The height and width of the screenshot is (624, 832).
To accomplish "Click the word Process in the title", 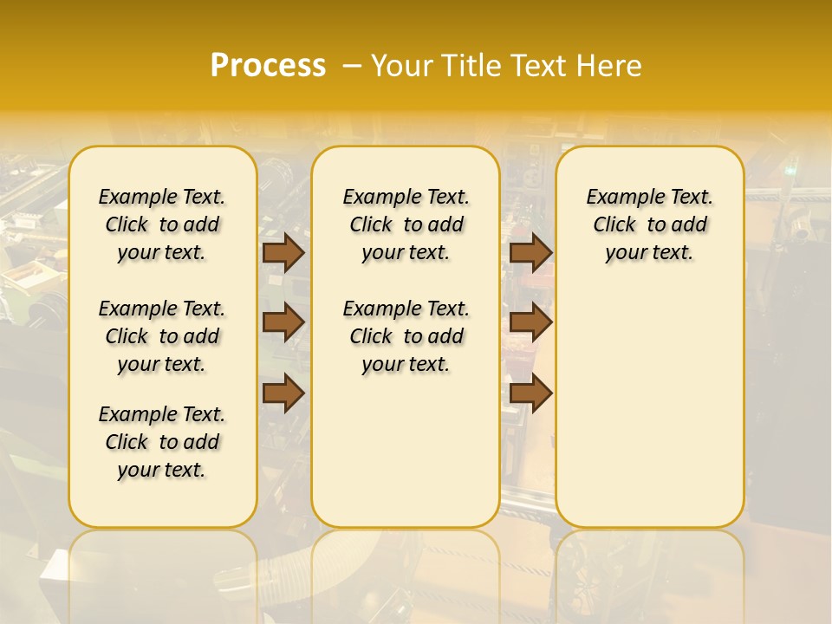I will (x=268, y=66).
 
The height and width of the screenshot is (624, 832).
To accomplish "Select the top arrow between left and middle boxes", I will (x=283, y=253).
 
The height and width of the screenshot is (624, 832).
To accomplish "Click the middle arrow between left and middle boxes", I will (x=283, y=323).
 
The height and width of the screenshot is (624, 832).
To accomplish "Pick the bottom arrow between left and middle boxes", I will (x=283, y=393).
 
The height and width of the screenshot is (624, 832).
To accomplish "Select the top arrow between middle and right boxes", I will (x=531, y=253).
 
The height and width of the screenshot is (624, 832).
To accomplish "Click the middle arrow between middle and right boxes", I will (x=531, y=323).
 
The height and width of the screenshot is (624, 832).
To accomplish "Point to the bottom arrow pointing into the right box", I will (x=531, y=393).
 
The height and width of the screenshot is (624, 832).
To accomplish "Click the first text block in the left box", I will (x=162, y=224).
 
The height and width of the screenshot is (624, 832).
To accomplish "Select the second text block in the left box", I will (x=162, y=336).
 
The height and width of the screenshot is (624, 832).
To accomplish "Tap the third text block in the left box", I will (x=162, y=442).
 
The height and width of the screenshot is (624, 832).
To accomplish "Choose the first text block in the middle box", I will (x=406, y=224).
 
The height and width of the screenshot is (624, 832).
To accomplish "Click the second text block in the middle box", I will (x=406, y=336).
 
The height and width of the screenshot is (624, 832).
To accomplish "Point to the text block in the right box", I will (x=650, y=224).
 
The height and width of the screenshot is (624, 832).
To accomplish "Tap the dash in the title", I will (x=351, y=66).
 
